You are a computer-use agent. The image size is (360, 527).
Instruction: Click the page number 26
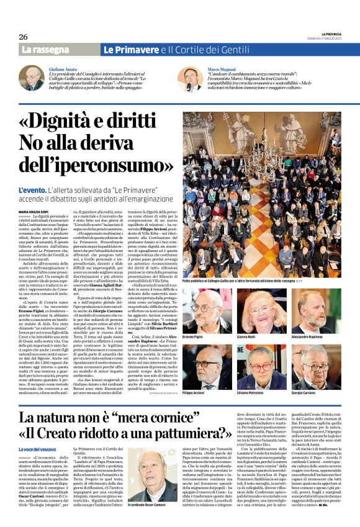[x=23, y=37]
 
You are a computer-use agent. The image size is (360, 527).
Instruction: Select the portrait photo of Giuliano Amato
[x=31, y=79]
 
